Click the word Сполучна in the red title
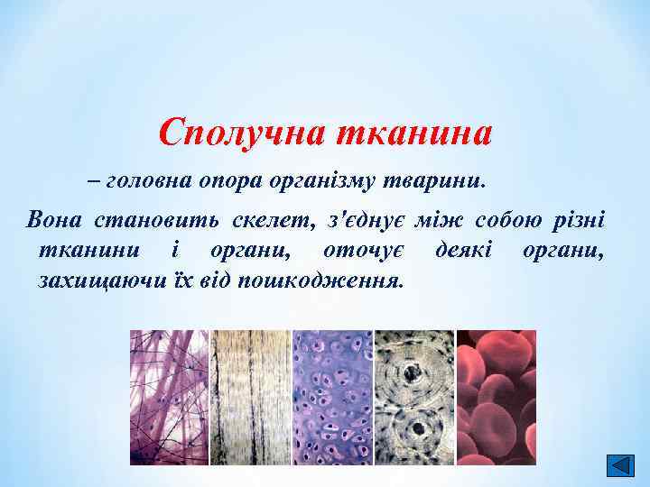tap(241, 133)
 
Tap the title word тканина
tap(414, 133)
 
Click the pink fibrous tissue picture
tap(169, 397)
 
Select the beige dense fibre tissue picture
tap(250, 397)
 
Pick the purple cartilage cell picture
tap(331, 397)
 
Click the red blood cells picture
tap(496, 397)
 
